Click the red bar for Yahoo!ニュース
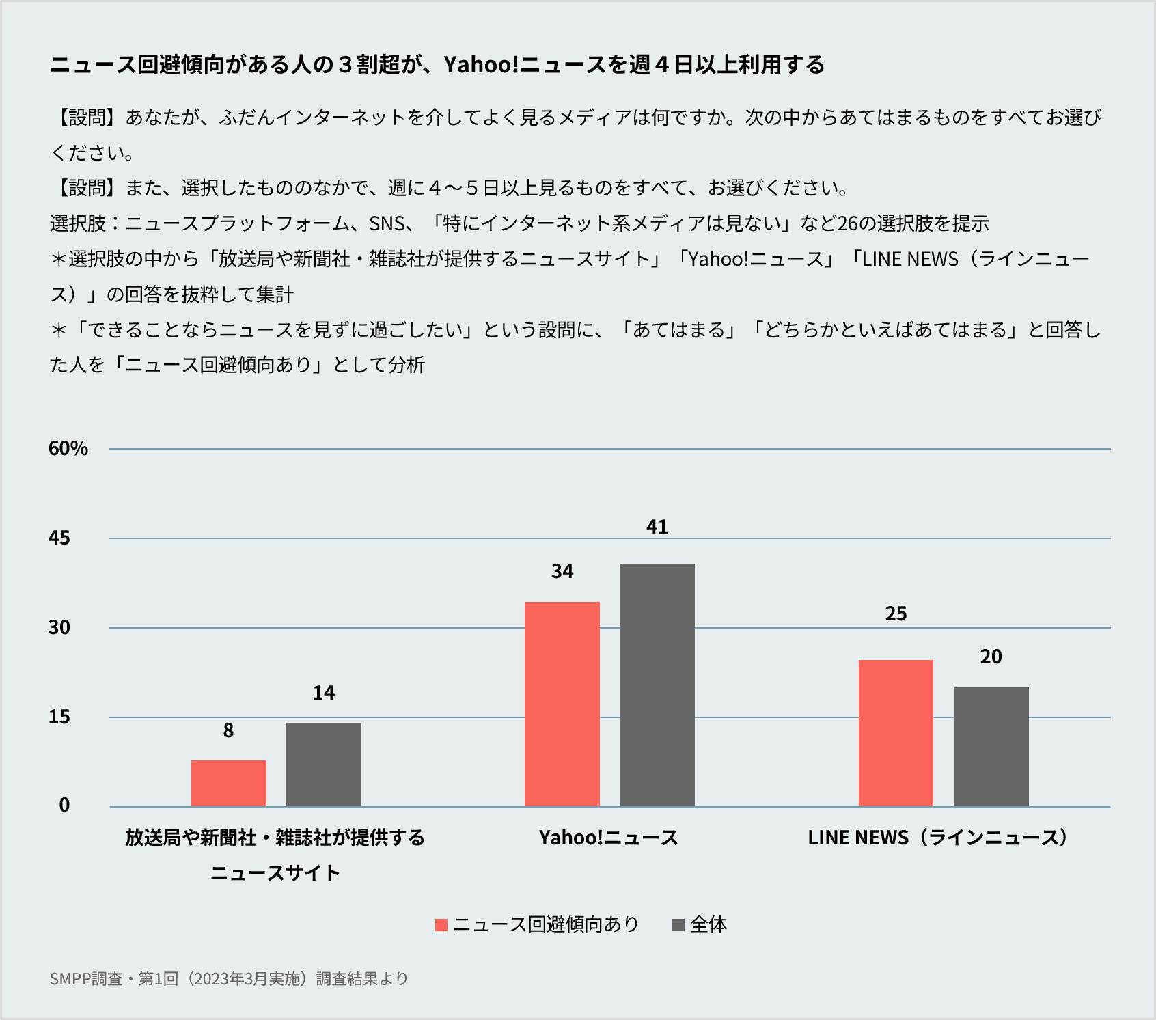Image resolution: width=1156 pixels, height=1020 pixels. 562,704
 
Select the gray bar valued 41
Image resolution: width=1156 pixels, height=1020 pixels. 657,685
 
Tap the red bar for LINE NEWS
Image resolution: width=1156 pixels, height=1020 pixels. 896,733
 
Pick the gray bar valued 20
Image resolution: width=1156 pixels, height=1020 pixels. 991,747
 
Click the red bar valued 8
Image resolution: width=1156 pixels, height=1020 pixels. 228,783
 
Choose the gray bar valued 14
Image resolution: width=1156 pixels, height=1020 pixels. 324,764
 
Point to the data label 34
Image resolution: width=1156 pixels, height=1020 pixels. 562,571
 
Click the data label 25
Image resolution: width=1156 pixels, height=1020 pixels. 896,614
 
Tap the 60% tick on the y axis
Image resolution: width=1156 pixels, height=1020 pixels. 68,448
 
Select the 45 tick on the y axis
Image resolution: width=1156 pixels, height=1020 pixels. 59,538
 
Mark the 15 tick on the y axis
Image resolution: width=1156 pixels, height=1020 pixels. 59,717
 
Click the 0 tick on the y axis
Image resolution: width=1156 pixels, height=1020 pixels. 64,805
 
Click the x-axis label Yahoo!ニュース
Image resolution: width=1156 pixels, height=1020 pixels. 608,838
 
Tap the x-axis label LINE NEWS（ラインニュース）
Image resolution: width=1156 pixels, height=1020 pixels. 937,838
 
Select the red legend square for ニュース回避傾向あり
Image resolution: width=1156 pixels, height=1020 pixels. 441,925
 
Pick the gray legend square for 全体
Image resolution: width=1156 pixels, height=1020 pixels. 678,925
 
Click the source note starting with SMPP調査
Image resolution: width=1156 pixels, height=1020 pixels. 228,978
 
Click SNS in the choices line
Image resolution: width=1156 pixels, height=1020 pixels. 387,223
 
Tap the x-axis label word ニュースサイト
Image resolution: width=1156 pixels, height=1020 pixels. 275,873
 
